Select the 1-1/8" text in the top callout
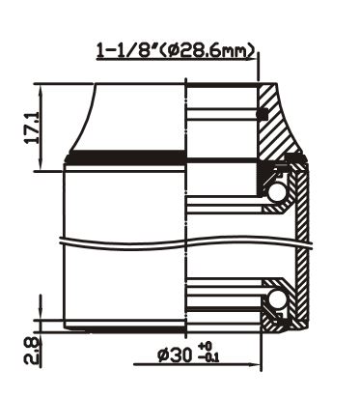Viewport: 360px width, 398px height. point(127,50)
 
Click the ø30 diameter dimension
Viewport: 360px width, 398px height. point(175,355)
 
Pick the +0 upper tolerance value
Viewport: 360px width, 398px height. point(206,347)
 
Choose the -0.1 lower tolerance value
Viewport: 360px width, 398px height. point(208,357)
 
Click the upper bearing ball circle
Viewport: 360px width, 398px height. point(275,193)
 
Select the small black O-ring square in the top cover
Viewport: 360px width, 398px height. point(263,114)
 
